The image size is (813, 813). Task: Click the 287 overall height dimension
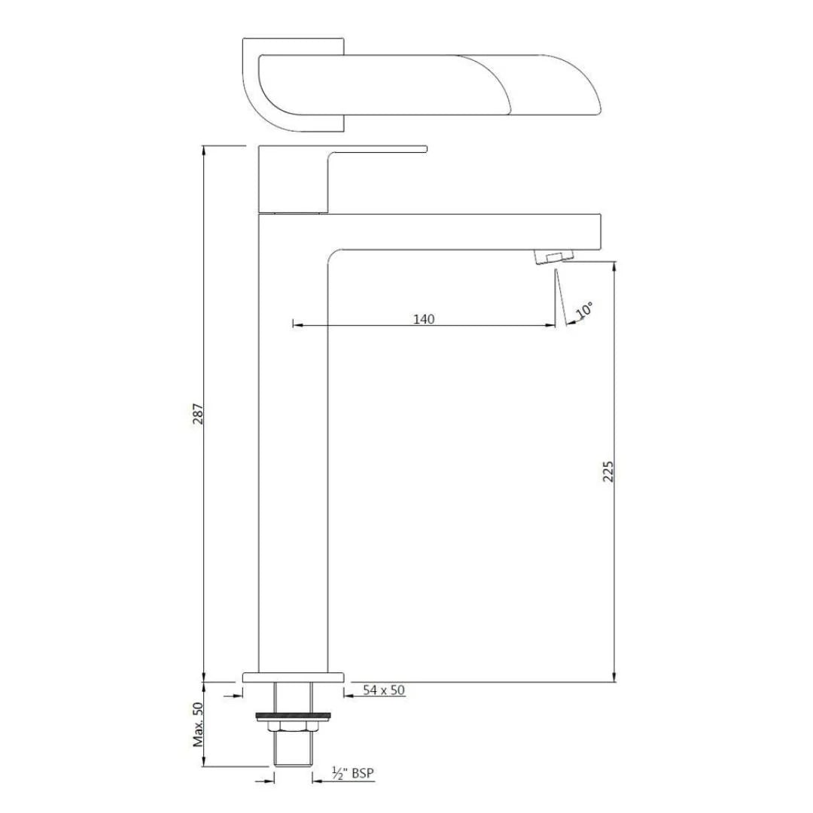198,413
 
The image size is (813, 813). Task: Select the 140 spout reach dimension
424,318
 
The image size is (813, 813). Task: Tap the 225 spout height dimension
609,471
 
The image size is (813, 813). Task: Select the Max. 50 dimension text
198,723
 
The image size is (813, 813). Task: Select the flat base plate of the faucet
294,677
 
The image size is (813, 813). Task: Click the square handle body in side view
293,179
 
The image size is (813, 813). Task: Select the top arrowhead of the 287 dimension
204,151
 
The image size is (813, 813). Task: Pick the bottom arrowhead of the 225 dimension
615,677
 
